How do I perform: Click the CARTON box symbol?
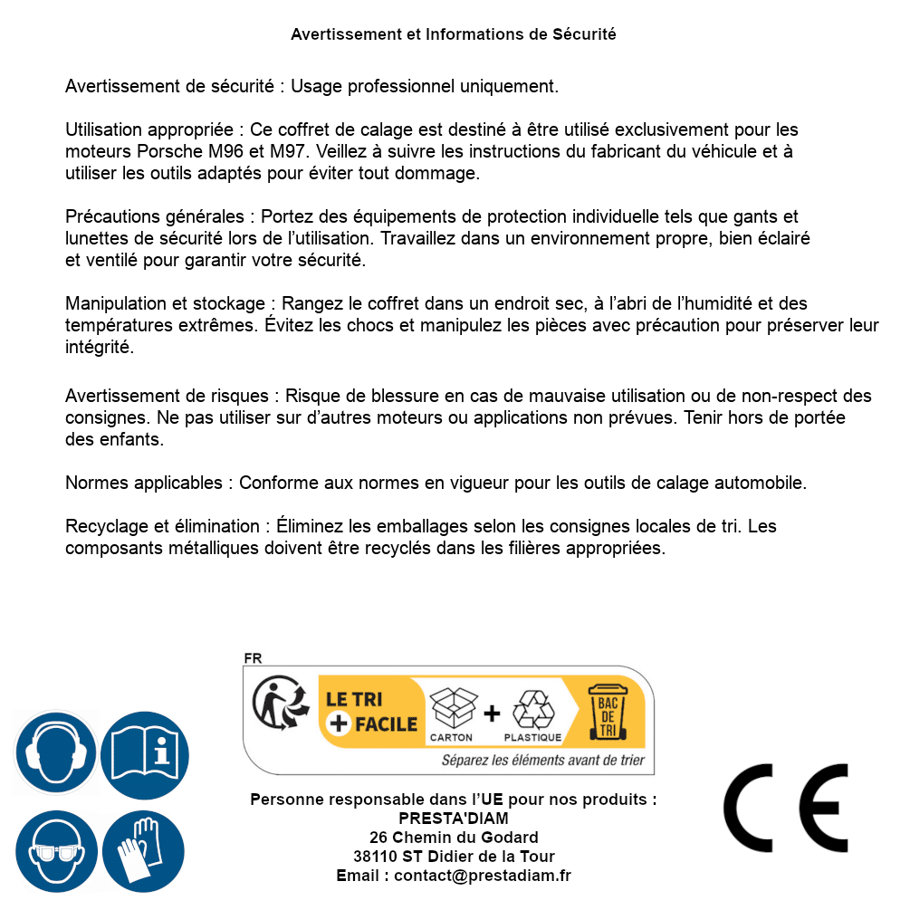click(451, 712)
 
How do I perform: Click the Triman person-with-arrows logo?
click(276, 703)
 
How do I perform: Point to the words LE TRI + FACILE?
click(371, 711)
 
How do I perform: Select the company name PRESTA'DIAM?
click(454, 819)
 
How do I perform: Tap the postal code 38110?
click(372, 857)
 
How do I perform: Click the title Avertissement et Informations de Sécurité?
click(454, 34)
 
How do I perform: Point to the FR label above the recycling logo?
click(253, 658)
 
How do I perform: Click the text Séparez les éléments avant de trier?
click(542, 760)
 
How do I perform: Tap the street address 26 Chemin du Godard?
click(454, 838)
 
